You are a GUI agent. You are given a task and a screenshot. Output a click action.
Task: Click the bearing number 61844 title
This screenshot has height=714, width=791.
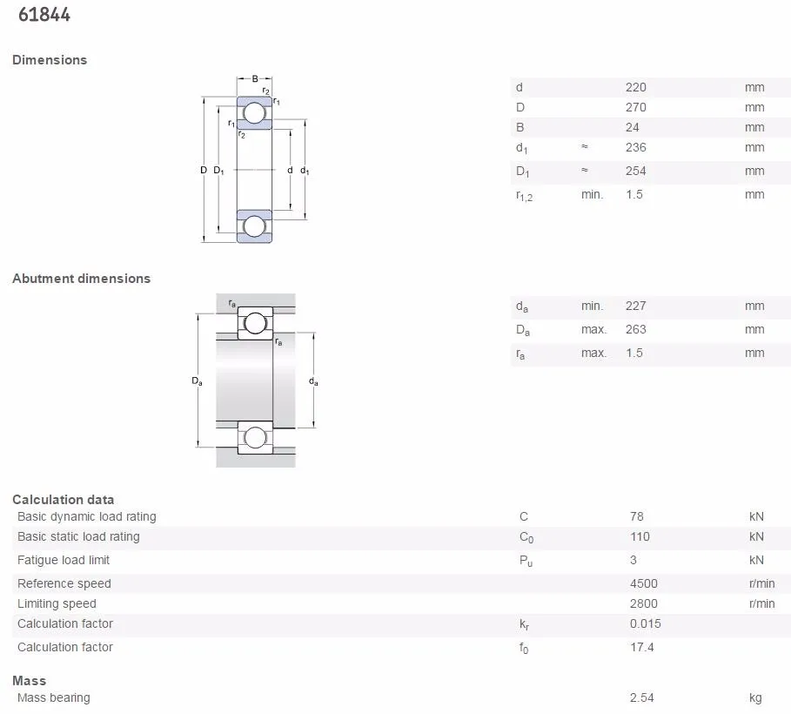coord(44,15)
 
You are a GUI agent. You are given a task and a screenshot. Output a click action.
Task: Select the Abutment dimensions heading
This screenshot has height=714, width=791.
coord(81,279)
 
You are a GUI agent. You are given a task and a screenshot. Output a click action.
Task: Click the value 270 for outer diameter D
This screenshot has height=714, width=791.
coord(636,107)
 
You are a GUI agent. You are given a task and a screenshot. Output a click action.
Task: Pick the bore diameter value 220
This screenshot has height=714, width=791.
coord(636,87)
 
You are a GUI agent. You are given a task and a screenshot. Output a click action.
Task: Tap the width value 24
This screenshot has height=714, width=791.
coord(633,127)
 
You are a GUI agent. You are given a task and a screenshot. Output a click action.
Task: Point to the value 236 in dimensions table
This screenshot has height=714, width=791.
coord(636,147)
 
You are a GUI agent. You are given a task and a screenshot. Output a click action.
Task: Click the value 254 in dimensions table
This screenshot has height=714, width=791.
coord(636,171)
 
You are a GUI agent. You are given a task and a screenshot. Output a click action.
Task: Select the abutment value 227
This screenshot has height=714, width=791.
coord(636,306)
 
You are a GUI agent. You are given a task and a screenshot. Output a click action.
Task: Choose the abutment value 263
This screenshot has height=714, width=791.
coord(636,329)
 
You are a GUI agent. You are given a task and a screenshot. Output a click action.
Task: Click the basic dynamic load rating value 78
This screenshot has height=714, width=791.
coord(637,516)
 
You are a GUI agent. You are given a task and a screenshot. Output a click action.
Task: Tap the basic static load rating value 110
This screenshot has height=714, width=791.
coord(640,536)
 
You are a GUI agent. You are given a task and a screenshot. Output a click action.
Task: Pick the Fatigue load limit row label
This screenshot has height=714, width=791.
coord(64,560)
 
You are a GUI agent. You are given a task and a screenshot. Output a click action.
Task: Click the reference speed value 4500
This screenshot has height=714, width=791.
coord(644,583)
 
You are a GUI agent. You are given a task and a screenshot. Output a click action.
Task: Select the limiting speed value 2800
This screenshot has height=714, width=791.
coord(644,603)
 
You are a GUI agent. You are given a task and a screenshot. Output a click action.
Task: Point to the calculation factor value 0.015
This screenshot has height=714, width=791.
coord(646,623)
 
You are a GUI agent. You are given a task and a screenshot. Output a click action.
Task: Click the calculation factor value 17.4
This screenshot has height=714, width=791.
coord(642,647)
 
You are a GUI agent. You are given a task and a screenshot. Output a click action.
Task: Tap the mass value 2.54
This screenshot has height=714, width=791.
coord(642,697)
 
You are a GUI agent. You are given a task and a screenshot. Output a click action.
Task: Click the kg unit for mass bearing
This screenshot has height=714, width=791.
coord(755,697)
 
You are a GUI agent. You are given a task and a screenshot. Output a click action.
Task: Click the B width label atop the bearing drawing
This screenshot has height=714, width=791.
coord(255,79)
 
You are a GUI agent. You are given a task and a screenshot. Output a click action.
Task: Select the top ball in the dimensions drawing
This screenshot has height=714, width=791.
coord(254,113)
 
